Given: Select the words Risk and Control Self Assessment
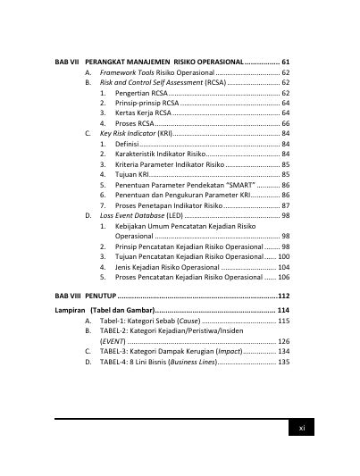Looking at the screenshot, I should tap(149, 81).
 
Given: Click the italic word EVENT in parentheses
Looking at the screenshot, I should tap(113, 341).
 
